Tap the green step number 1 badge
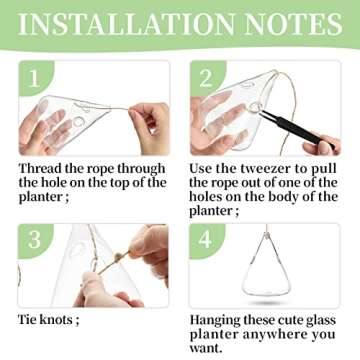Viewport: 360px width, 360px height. coord(33,79)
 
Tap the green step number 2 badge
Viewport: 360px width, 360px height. coord(205,79)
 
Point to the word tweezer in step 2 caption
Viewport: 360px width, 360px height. coord(267,168)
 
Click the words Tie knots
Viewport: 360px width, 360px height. coord(49,319)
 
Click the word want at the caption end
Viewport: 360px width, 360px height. coord(212,350)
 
